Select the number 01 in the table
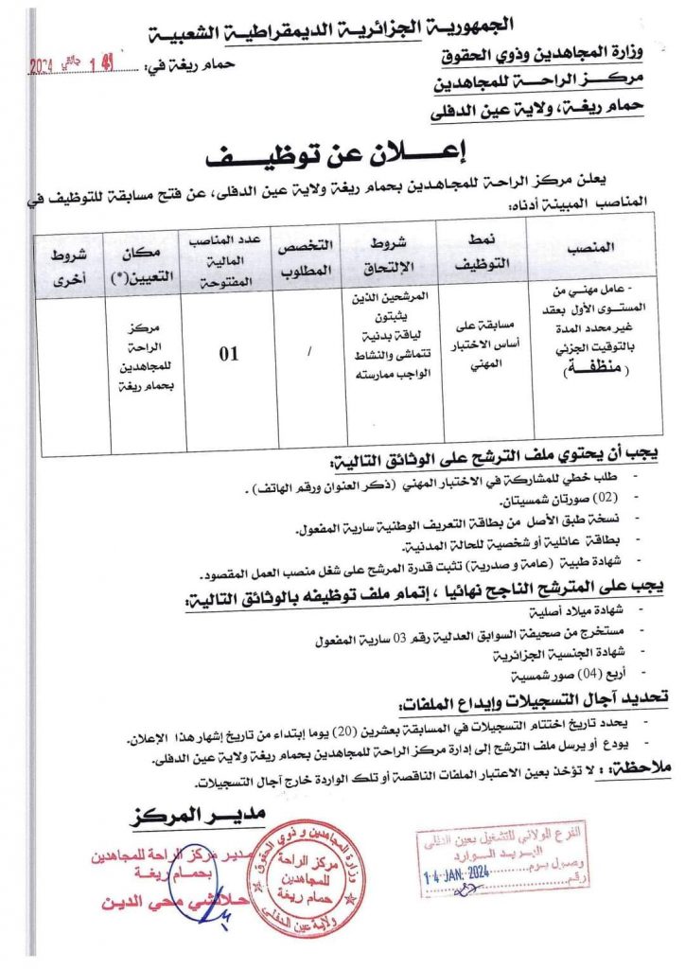229,356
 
